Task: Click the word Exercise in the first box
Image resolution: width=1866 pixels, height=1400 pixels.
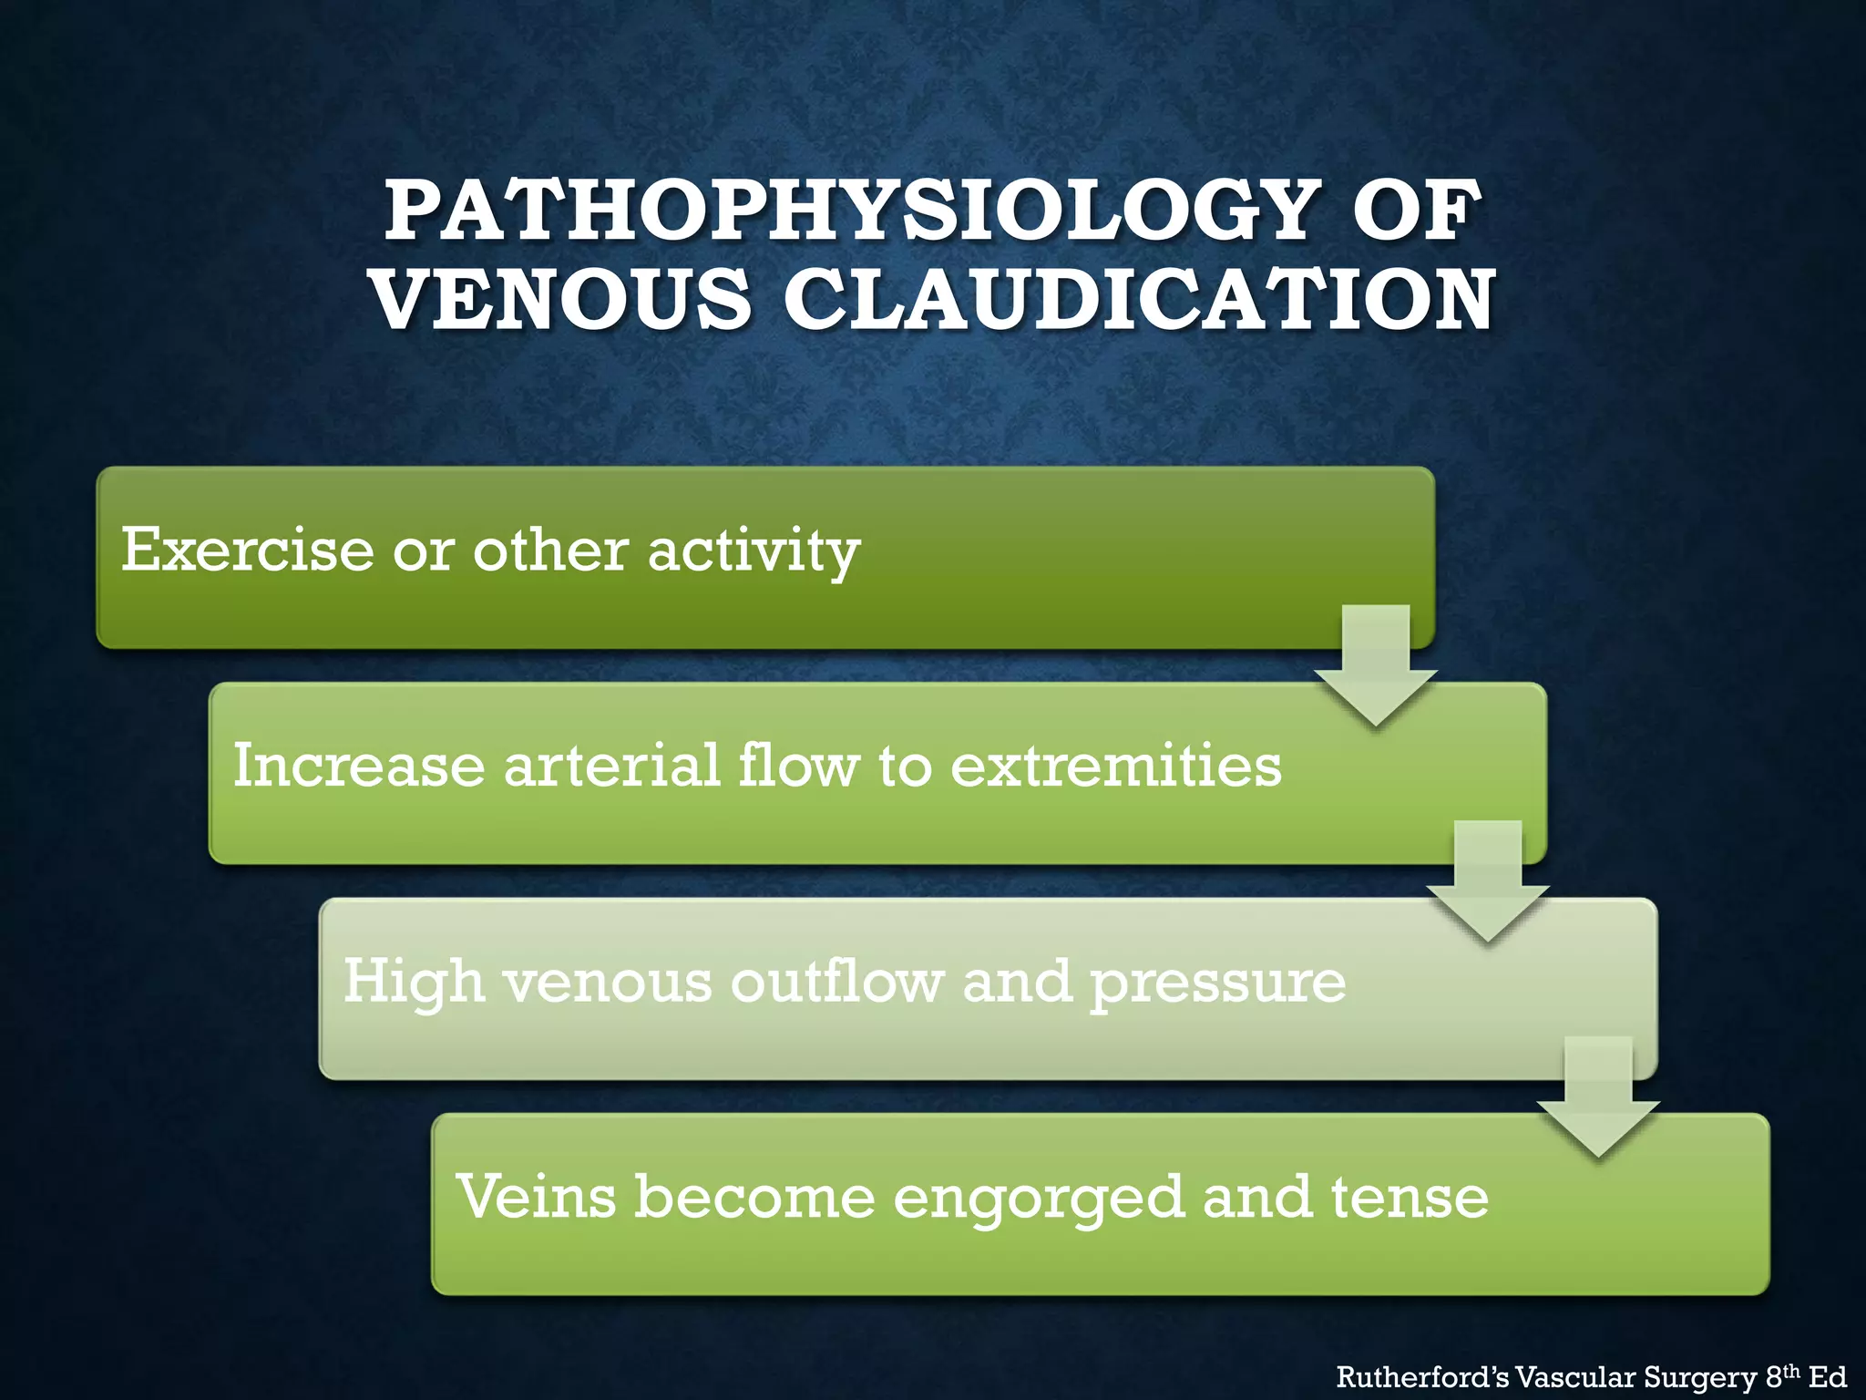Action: click(x=247, y=550)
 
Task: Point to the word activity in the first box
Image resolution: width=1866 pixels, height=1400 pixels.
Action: click(x=754, y=551)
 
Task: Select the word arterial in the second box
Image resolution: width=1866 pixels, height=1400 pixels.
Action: click(x=612, y=765)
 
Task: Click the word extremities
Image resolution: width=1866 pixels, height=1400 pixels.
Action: click(x=1116, y=765)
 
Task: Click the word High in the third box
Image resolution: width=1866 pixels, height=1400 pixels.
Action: click(x=413, y=983)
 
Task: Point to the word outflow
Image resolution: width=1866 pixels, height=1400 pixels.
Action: click(x=836, y=981)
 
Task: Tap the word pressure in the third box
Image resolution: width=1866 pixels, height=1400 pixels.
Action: click(x=1217, y=983)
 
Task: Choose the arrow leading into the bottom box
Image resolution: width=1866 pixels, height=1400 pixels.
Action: click(x=1598, y=1098)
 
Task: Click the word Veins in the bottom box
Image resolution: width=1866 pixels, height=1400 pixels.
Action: click(x=537, y=1196)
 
